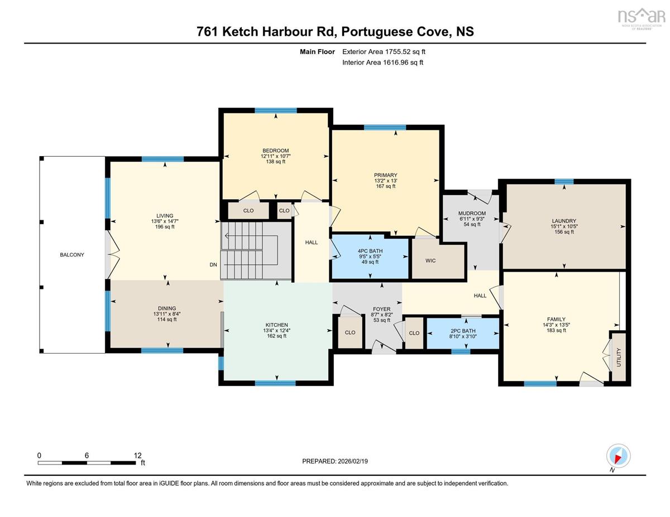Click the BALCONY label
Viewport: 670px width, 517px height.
tap(72, 255)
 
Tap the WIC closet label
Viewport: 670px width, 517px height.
tap(430, 260)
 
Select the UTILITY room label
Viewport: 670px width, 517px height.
tap(619, 357)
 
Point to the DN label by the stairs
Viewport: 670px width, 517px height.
tap(213, 264)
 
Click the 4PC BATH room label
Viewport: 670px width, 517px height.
tap(370, 251)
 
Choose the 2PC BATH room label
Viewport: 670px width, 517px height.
tap(463, 331)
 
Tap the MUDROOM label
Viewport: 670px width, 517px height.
tap(472, 213)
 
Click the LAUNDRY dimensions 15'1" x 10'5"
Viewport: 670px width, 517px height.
tap(564, 226)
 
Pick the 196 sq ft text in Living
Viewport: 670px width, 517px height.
tap(165, 227)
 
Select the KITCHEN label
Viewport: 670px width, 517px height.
tap(276, 325)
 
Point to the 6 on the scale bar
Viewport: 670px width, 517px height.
tap(87, 455)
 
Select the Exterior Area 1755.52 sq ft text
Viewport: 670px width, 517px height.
tap(384, 52)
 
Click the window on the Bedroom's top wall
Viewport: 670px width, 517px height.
tap(276, 110)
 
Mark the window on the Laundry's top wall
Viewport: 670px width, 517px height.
tap(564, 182)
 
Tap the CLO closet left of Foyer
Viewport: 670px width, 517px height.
tap(350, 332)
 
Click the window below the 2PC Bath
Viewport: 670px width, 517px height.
tap(461, 351)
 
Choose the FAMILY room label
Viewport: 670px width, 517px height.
tap(556, 320)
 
